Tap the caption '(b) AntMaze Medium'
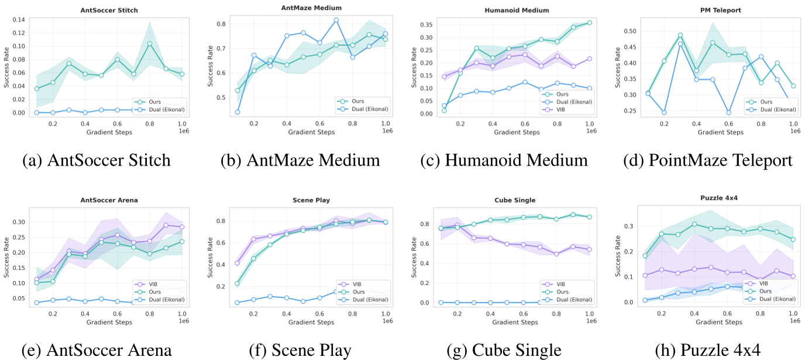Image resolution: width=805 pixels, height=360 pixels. pos(300,160)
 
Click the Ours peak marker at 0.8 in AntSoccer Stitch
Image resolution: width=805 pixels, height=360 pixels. pos(150,43)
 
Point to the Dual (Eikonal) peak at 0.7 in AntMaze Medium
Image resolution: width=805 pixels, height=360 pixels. pos(336,20)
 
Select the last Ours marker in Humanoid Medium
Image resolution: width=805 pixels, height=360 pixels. pos(589,23)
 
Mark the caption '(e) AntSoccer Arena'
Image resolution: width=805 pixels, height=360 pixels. pos(97,350)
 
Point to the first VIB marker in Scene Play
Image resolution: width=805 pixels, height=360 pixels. pos(237,263)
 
